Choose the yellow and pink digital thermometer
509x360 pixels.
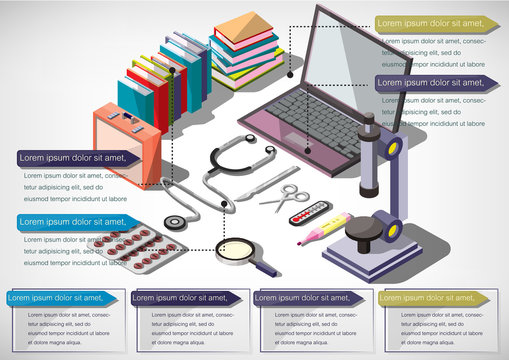[322, 229]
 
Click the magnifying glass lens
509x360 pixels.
[238, 250]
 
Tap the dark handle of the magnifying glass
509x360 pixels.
[268, 268]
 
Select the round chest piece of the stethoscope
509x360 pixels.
[177, 223]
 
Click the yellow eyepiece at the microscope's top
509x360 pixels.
[394, 148]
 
